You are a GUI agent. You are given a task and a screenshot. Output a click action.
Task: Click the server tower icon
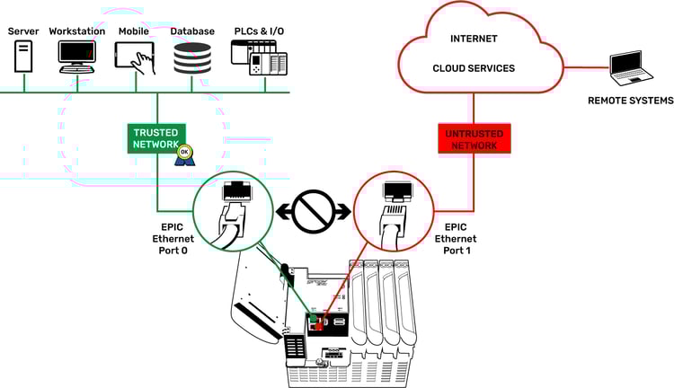[x=22, y=57]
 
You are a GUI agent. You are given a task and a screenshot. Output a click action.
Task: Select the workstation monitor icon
[x=77, y=57]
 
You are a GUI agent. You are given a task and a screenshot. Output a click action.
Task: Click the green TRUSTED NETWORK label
[x=156, y=137]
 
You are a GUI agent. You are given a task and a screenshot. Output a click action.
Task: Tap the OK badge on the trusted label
[x=183, y=152]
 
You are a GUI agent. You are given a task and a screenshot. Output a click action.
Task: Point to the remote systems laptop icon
[x=625, y=66]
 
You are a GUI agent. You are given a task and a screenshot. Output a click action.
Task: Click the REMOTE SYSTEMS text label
[x=625, y=101]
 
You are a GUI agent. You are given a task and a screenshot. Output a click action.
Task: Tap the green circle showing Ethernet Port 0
[x=230, y=212]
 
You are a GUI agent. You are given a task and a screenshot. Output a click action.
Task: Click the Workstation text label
[x=77, y=31]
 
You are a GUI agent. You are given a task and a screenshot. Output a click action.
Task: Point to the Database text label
[x=193, y=31]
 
